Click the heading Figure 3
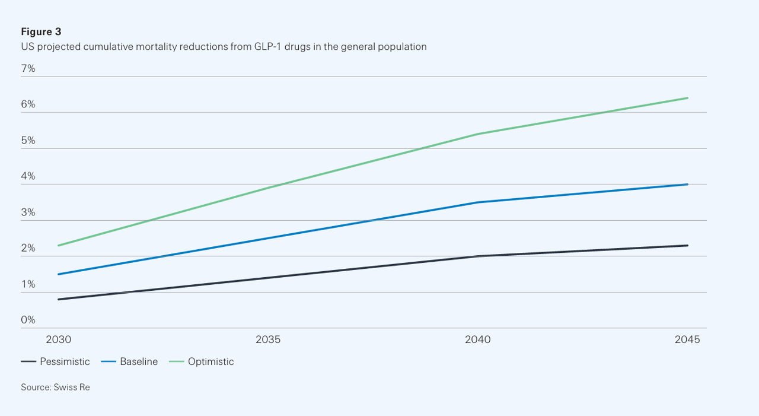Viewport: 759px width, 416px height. [x=41, y=31]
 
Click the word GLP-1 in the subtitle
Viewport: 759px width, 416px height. [x=267, y=46]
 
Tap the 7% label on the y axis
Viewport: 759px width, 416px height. [x=28, y=68]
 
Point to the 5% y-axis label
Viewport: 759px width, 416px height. [x=28, y=141]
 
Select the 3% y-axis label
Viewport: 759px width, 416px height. [x=28, y=212]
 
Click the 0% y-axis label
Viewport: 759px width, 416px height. [x=28, y=320]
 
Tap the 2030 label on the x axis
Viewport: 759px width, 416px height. [x=59, y=339]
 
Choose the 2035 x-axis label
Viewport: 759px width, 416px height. [x=268, y=339]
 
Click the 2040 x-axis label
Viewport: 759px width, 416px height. [x=478, y=339]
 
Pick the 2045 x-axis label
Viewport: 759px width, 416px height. [x=687, y=339]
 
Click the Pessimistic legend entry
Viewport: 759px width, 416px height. [x=55, y=361]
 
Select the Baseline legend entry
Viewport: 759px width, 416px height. [x=129, y=361]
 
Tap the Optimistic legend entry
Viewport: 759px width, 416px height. [x=202, y=361]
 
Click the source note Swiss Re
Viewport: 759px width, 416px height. [x=72, y=387]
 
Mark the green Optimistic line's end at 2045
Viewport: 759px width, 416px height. [x=687, y=98]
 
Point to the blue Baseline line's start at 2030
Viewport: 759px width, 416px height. [x=59, y=274]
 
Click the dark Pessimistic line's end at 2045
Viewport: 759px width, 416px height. [x=687, y=246]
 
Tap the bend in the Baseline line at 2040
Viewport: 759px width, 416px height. [x=478, y=202]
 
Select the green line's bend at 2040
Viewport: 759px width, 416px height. [x=478, y=134]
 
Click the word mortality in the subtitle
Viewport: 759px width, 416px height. [x=156, y=46]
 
